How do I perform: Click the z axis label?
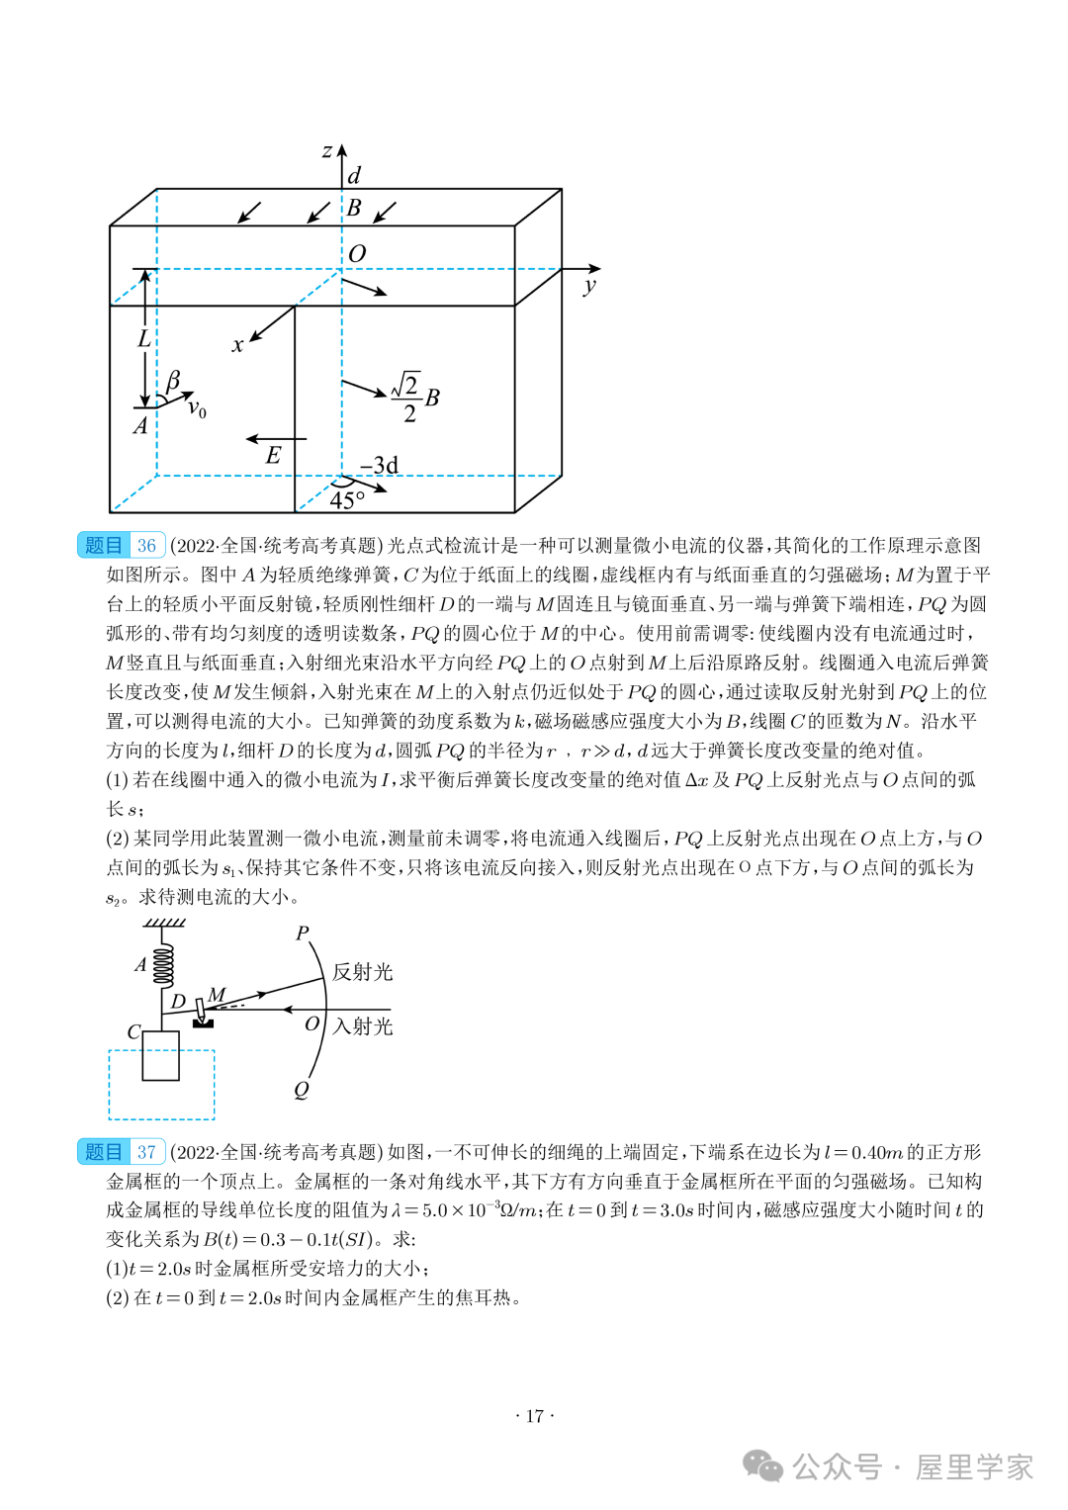coord(327,151)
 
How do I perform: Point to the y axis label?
coord(589,286)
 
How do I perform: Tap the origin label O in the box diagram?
coord(357,253)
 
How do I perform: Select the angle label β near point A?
coord(174,380)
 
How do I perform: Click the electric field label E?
coord(274,455)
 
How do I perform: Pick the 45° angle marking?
coord(347,500)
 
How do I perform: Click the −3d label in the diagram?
coord(380,465)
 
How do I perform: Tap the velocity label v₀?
coord(197,407)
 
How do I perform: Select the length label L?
coord(144,338)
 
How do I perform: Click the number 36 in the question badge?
coord(146,545)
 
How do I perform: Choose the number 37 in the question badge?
coord(146,1152)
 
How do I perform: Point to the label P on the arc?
coord(303,933)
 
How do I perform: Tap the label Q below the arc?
coord(302,1090)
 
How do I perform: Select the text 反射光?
coord(363,972)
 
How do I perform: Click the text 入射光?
coord(363,1026)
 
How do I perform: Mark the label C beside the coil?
coord(133,1031)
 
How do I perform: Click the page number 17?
coord(534,1416)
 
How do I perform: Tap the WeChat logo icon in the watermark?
coord(762,1466)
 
